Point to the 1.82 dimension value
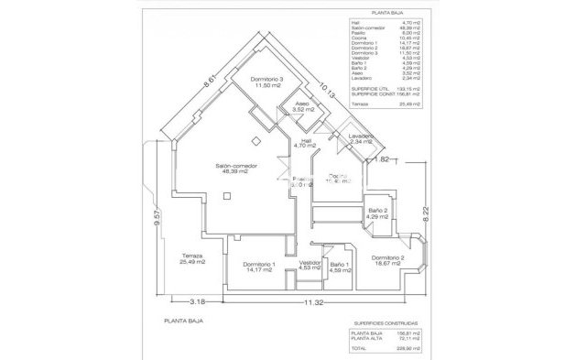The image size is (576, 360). [386, 159]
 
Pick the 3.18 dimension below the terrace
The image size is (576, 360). [195, 301]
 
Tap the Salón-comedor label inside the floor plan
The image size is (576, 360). [236, 169]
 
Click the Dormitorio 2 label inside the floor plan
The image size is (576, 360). [389, 260]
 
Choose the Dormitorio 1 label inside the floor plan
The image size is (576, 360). [261, 266]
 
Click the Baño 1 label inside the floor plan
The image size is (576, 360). [341, 266]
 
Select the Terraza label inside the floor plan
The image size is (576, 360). [192, 257]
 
